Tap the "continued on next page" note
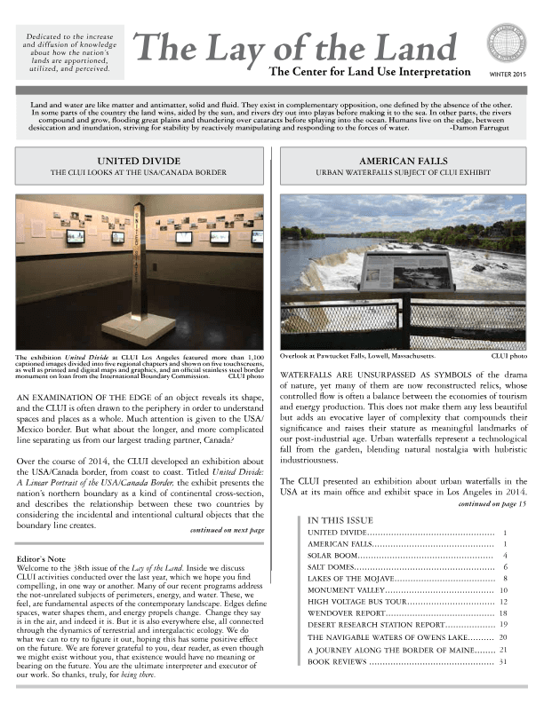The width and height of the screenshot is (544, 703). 228,530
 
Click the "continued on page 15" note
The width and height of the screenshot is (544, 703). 492,503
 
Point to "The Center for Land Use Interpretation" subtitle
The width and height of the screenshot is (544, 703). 369,71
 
